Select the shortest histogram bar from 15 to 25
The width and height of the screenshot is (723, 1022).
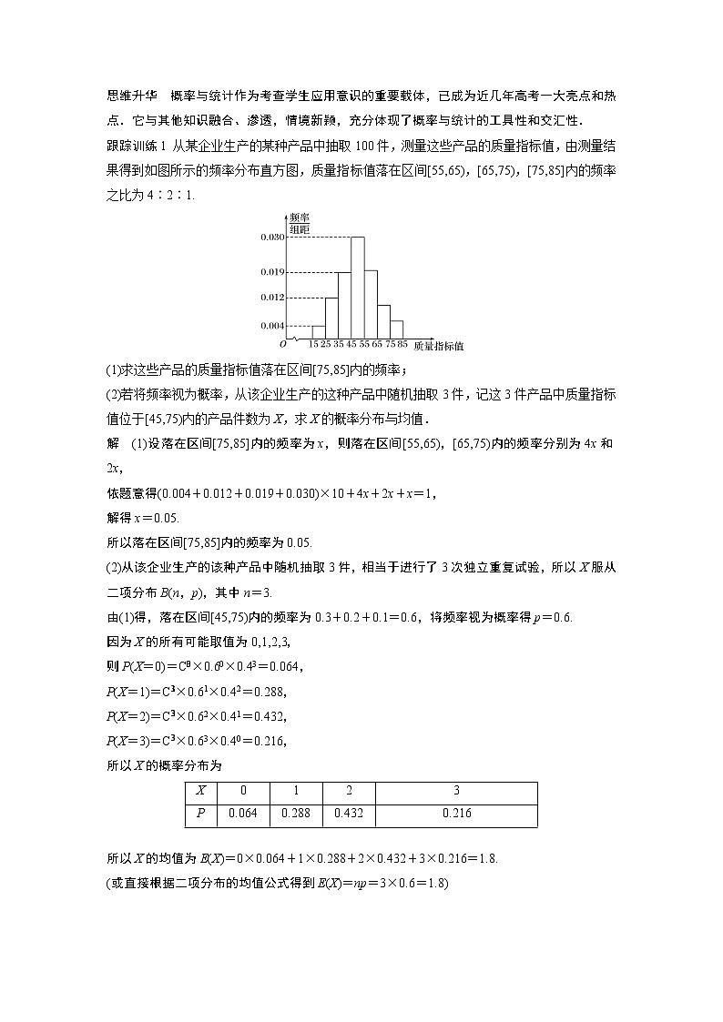click(x=319, y=331)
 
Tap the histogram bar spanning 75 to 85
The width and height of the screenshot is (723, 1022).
click(x=397, y=329)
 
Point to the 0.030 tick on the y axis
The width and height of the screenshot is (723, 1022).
click(x=272, y=237)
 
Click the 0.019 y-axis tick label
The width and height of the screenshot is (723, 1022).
click(x=272, y=271)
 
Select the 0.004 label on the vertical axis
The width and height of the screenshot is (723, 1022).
click(x=272, y=325)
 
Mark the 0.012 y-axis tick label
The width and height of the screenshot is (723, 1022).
click(x=272, y=298)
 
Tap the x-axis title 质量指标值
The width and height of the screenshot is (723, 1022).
click(x=439, y=347)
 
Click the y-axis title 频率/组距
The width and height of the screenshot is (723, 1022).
click(x=299, y=224)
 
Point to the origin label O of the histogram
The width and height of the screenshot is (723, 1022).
click(x=282, y=345)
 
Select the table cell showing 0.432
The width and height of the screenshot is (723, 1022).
click(x=349, y=814)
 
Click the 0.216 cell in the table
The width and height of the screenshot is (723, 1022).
click(x=455, y=814)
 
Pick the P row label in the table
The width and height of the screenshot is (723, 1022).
click(x=200, y=814)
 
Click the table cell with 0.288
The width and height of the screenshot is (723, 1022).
click(x=296, y=814)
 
